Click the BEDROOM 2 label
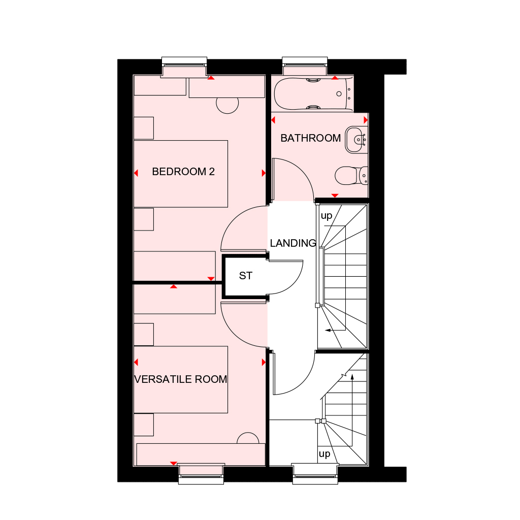(183, 172)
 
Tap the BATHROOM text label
(310, 138)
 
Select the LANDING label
(293, 243)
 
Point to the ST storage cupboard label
(246, 276)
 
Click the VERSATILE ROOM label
(181, 379)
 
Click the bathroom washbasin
(356, 140)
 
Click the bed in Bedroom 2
(181, 174)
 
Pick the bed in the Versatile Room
(181, 380)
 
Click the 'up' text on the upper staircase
(327, 216)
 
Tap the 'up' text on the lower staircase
(324, 453)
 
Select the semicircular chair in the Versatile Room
(248, 438)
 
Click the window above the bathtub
(305, 66)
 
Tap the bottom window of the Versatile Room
(201, 474)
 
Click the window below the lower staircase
(315, 474)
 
